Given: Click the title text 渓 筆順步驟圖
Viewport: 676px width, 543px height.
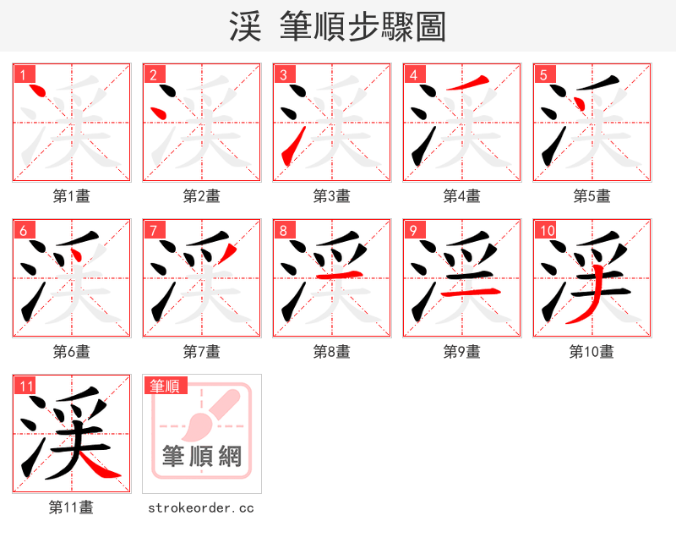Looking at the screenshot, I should pos(337,26).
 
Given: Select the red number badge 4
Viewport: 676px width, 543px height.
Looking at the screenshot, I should pos(413,74).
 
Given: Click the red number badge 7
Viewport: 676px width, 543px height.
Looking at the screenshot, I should pos(153,230).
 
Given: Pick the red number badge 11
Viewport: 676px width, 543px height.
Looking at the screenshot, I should pos(26,387).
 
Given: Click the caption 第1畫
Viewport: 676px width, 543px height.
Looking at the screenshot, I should pos(72,196).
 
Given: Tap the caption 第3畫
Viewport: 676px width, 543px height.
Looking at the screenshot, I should pos(332,196).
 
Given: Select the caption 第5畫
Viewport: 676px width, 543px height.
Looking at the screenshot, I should pos(592,196).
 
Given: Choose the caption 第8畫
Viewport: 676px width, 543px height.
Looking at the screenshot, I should pos(332,352).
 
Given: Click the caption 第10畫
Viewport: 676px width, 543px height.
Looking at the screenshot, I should pos(592,352).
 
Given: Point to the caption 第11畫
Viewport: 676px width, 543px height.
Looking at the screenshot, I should pos(72,507).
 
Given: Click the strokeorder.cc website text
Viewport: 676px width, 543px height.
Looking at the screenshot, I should pos(201,508).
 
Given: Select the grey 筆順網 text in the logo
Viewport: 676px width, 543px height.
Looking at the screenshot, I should pos(202,458).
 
